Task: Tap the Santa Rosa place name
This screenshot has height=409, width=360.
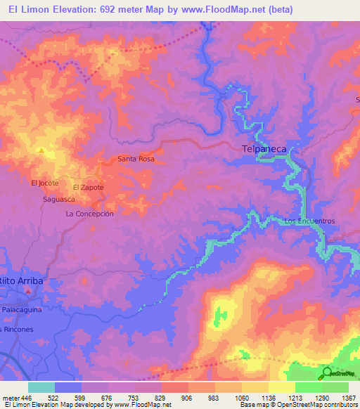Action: coord(136,160)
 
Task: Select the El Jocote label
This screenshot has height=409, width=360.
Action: coord(44,183)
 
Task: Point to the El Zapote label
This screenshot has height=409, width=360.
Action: coord(89,188)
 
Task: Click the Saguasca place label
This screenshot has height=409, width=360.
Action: coord(58,200)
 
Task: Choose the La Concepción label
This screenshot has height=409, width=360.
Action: coord(89,214)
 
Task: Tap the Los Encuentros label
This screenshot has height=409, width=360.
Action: coord(309,221)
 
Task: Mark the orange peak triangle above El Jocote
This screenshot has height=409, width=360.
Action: coord(41,150)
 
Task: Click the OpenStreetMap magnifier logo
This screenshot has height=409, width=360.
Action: coord(327,372)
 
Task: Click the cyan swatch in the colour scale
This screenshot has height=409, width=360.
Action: coord(41,387)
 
